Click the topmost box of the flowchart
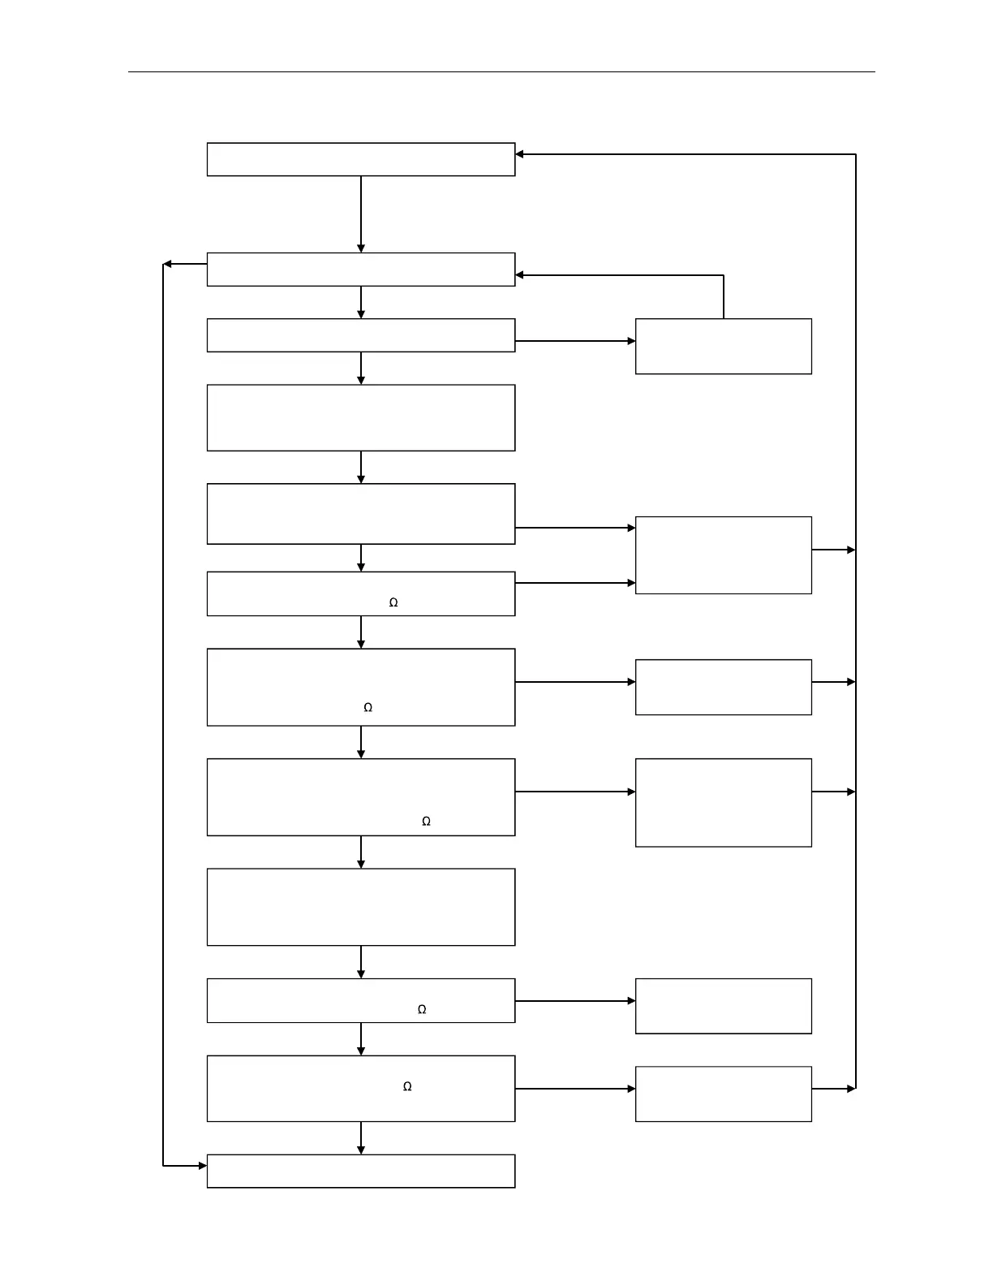click(360, 159)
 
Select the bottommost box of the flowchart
click(360, 1171)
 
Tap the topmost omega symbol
click(393, 602)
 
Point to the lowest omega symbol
click(407, 1086)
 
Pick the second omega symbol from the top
click(368, 707)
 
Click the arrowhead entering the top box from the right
click(520, 154)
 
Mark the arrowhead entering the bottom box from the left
click(202, 1166)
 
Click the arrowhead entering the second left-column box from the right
click(520, 275)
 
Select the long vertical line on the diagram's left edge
click(163, 714)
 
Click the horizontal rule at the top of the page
click(501, 71)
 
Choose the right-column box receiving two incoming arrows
click(723, 555)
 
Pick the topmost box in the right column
click(723, 346)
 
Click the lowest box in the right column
click(723, 1094)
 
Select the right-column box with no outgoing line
click(723, 1006)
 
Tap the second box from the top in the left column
click(360, 270)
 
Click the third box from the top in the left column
click(360, 335)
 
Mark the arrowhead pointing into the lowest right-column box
click(631, 1089)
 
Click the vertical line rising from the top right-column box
click(724, 297)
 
